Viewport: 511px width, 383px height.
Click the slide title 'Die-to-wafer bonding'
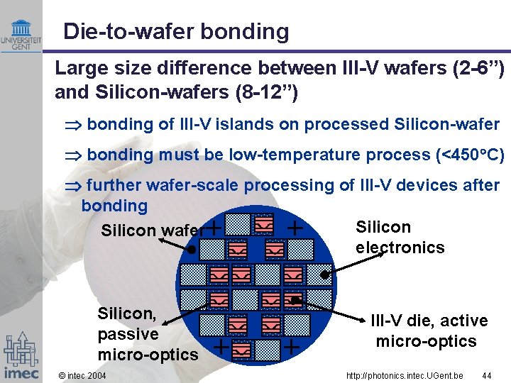(175, 32)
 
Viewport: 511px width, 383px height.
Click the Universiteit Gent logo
(21, 35)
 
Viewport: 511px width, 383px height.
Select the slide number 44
(486, 375)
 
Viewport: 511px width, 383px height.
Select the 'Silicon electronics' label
(399, 237)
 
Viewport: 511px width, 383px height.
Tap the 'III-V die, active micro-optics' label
(428, 331)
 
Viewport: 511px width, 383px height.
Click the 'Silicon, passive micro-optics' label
(148, 334)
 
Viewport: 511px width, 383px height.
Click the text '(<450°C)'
(473, 155)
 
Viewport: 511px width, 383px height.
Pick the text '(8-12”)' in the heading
(270, 93)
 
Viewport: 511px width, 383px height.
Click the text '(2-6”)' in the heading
(480, 69)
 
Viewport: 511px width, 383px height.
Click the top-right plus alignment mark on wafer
(296, 228)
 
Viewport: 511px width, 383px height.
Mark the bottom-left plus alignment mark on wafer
(222, 347)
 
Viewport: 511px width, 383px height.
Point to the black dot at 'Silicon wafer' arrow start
(191, 250)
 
